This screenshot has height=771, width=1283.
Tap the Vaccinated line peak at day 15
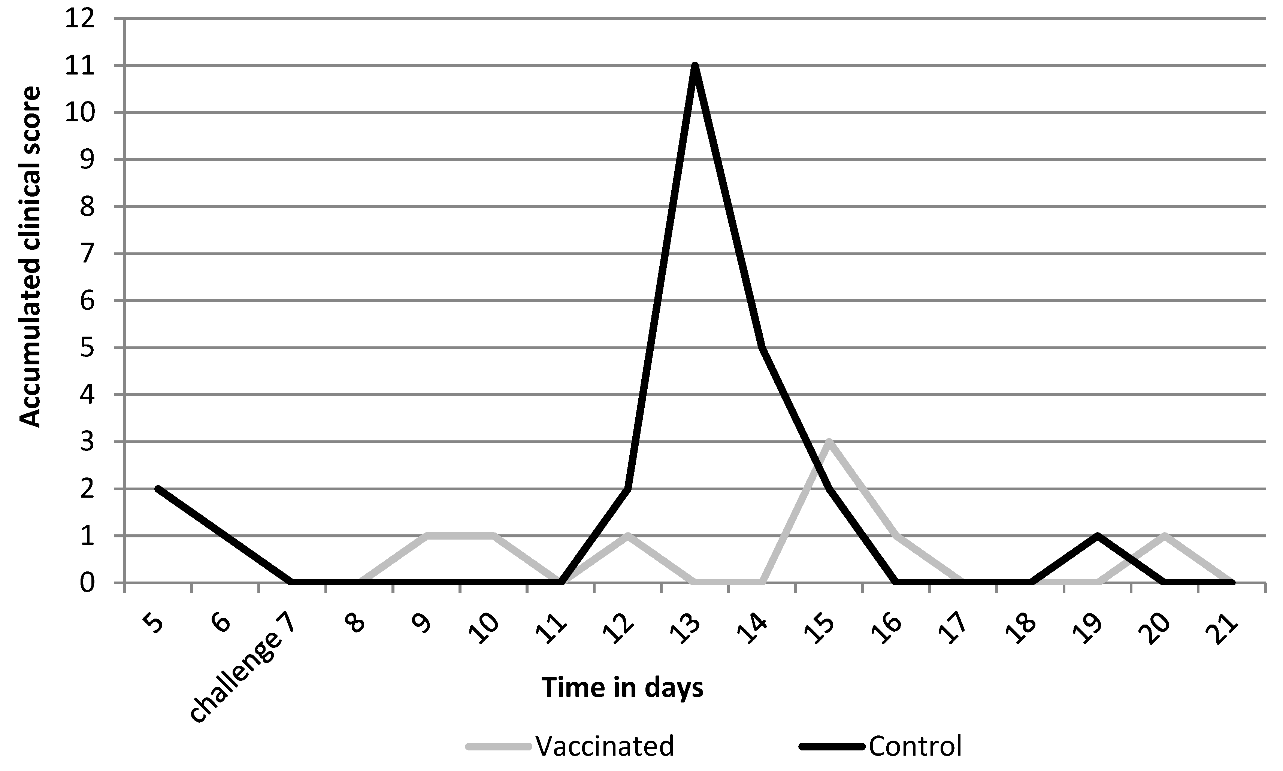pyautogui.click(x=829, y=441)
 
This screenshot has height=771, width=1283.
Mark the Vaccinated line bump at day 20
pyautogui.click(x=1164, y=535)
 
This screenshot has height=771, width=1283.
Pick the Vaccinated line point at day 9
pyautogui.click(x=427, y=535)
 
